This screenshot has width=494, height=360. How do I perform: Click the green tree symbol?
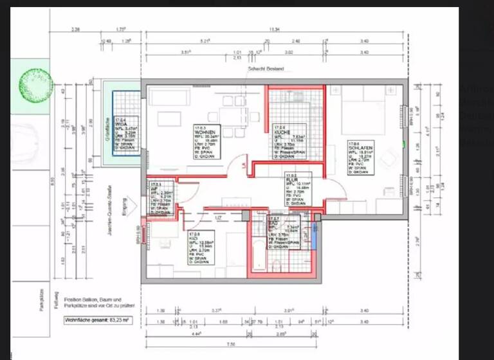[36, 83]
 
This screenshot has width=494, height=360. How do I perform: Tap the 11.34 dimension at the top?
[275, 29]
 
